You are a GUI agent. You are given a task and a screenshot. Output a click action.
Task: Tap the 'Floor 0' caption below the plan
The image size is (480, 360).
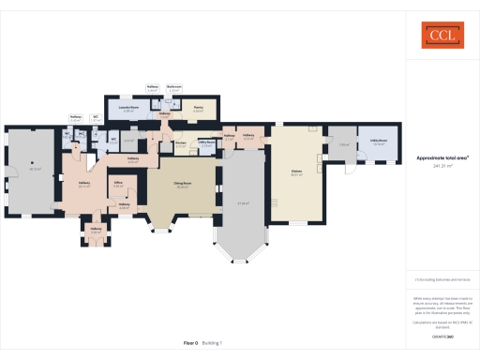tap(190, 343)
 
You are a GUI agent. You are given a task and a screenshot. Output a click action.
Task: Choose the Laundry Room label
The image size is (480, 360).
tap(129, 109)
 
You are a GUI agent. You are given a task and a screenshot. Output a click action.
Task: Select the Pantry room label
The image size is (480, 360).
tap(197, 109)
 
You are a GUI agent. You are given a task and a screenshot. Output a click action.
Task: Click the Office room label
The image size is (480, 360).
tap(118, 184)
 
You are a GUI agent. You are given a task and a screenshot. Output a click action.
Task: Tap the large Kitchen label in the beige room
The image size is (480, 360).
tap(296, 172)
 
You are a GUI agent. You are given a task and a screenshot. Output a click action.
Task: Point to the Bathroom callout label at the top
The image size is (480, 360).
tap(173, 87)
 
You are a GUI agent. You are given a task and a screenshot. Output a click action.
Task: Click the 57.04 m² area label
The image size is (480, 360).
tap(242, 202)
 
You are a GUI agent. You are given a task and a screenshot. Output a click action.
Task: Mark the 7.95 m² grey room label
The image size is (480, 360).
tap(343, 144)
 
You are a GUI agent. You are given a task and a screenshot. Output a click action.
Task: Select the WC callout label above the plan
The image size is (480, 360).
tap(96, 119)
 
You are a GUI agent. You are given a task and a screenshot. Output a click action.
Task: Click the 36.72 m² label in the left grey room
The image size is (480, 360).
tap(35, 170)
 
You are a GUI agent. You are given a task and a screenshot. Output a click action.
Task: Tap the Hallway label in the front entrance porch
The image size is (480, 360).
tap(95, 230)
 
